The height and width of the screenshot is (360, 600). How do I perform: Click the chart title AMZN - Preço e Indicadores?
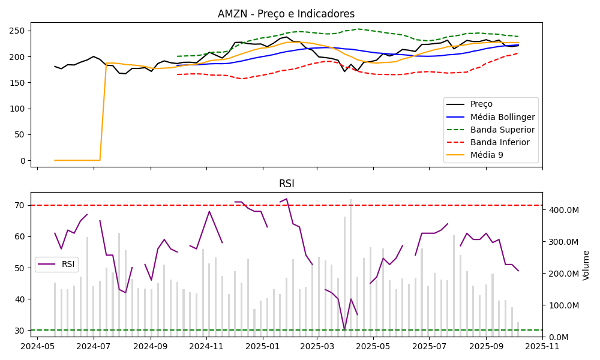[286, 14]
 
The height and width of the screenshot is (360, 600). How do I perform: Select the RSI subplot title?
[286, 184]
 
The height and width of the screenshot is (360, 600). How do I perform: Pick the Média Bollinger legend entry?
[490, 117]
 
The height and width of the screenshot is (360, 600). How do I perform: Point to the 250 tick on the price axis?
[19, 31]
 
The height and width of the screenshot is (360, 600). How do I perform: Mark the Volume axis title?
[586, 265]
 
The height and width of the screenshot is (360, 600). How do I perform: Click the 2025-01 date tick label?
[262, 346]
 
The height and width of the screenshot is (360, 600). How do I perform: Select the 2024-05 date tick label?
[38, 346]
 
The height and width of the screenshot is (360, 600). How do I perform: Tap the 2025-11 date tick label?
[542, 346]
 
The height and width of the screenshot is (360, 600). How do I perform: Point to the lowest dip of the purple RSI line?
[344, 329]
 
